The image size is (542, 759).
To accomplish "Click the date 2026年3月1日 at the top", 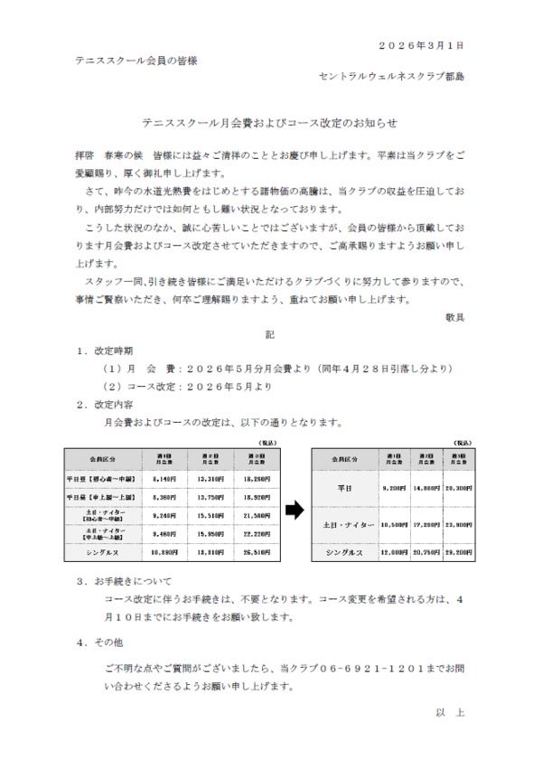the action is point(421,44).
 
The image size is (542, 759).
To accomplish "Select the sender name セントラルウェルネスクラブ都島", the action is point(392,78).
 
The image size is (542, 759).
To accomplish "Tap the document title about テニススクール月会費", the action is point(270,122).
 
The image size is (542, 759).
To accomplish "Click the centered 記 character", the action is point(269,334).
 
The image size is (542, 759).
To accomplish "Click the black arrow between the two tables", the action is point(294,511).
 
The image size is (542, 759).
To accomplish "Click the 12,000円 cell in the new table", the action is point(395,551).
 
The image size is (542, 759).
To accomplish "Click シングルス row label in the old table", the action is point(101,551).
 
